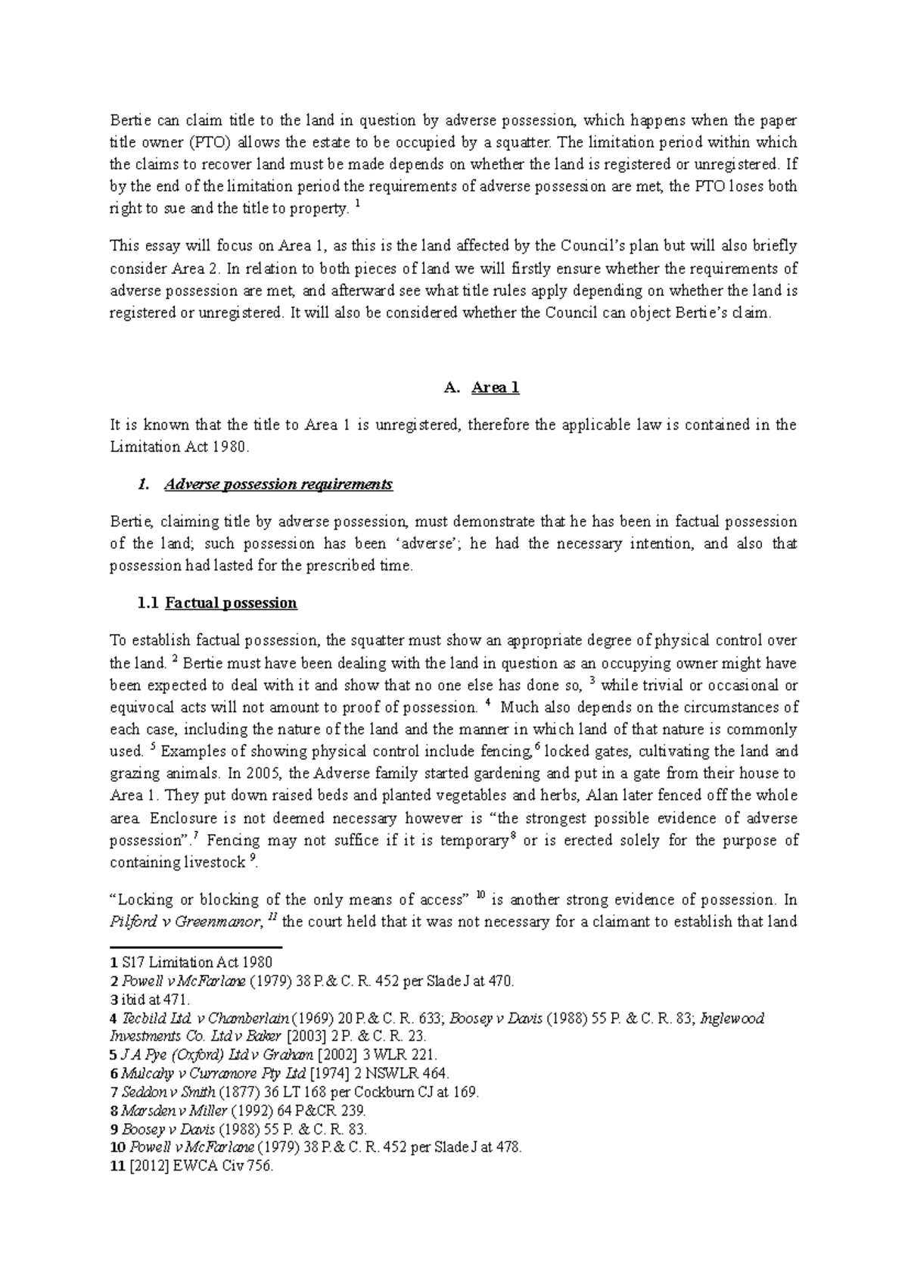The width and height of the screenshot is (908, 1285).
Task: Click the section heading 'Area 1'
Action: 495,388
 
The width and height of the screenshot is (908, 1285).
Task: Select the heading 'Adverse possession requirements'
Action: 278,484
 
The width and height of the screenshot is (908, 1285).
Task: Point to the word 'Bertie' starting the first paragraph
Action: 129,120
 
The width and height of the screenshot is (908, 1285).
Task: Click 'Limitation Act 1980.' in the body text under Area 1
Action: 179,447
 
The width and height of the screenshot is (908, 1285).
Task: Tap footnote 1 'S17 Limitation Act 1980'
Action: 196,963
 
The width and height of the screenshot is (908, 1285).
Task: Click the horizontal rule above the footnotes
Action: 196,947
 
